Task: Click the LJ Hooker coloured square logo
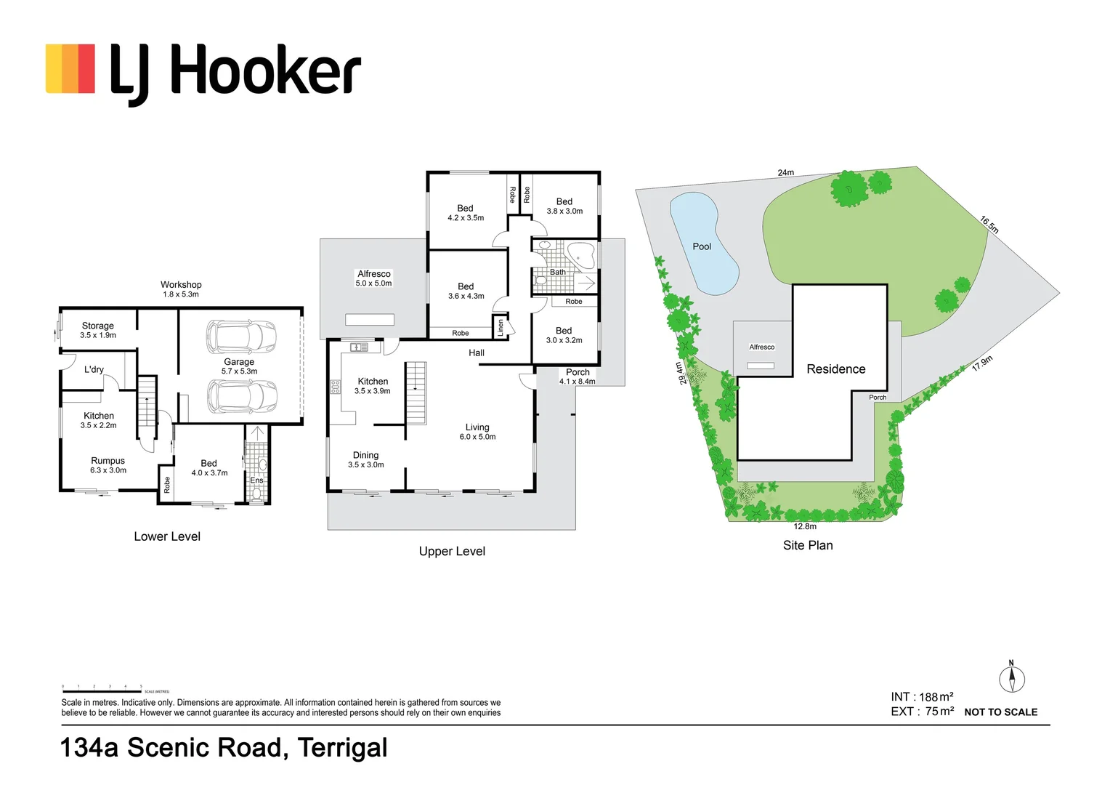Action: (x=70, y=69)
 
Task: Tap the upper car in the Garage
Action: (x=242, y=337)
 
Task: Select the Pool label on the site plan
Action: (x=702, y=246)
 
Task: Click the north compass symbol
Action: (x=1011, y=678)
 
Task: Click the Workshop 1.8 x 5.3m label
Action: (x=181, y=289)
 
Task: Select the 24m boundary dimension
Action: (x=786, y=172)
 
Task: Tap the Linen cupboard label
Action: (x=500, y=328)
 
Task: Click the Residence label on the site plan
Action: (x=836, y=369)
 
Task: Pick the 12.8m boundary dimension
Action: (x=805, y=526)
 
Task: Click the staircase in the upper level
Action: (x=416, y=392)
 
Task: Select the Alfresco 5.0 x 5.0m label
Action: (x=373, y=278)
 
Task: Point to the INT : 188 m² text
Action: (x=922, y=696)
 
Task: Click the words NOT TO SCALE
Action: (x=1000, y=712)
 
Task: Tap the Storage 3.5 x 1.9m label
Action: (x=98, y=330)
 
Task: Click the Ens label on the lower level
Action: (x=256, y=480)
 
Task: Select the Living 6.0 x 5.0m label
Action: (x=477, y=432)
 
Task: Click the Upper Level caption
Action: (x=452, y=552)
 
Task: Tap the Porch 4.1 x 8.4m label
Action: (x=578, y=377)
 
